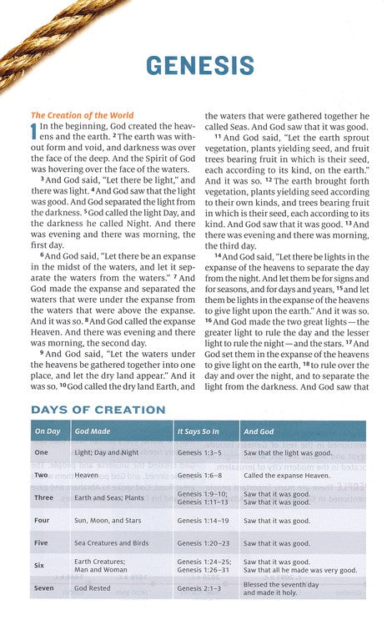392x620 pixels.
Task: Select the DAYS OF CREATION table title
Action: (98, 410)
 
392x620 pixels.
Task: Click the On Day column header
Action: (48, 431)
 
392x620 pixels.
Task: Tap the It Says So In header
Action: (198, 431)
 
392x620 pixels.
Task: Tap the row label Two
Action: (41, 472)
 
